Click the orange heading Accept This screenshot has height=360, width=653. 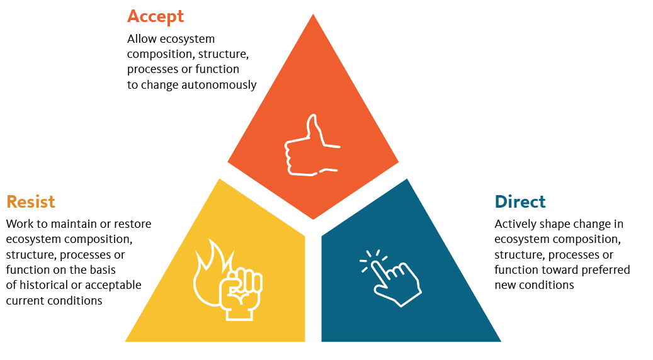pos(155,16)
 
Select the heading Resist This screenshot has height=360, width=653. pos(31,202)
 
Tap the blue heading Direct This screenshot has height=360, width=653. pos(520,202)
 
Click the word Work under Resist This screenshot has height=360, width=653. pos(20,224)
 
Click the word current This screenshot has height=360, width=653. pos(24,301)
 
